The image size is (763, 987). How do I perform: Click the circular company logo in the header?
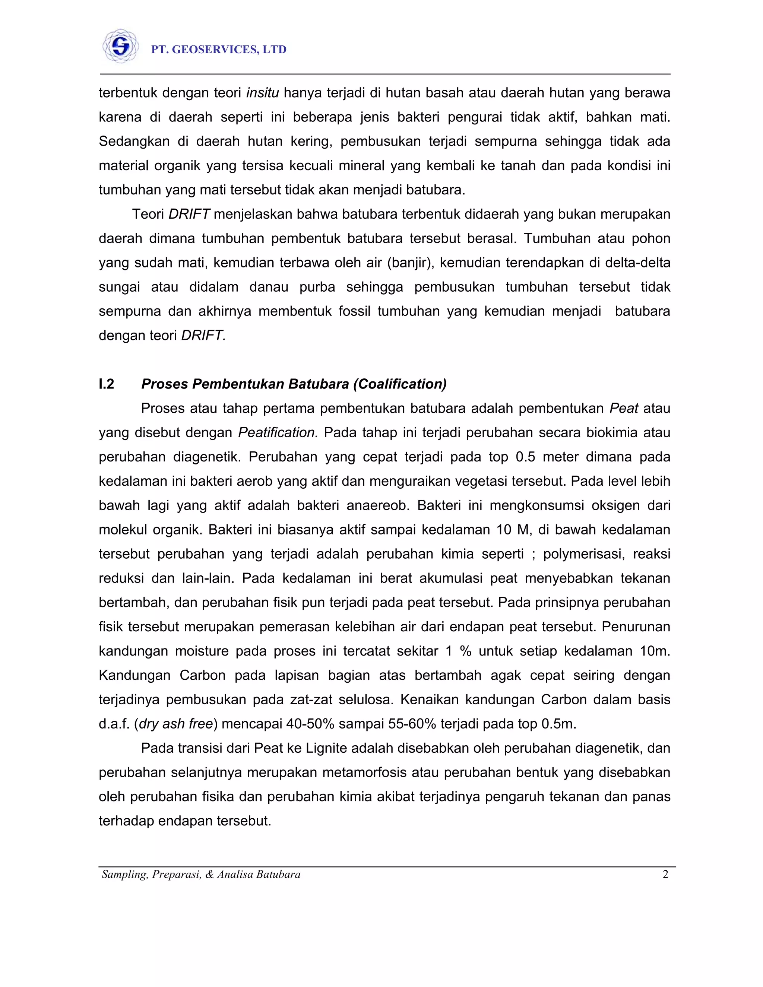click(x=120, y=46)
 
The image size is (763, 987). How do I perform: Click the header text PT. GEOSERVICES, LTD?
click(x=219, y=50)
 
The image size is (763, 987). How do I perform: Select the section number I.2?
click(x=107, y=384)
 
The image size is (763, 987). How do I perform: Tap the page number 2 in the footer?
click(x=665, y=875)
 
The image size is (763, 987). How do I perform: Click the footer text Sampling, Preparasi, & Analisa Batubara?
click(x=201, y=875)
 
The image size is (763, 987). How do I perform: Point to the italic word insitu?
click(x=263, y=93)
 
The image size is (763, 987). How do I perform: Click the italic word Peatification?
click(x=278, y=433)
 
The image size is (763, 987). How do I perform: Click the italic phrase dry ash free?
click(x=176, y=724)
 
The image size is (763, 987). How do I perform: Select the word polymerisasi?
click(x=584, y=554)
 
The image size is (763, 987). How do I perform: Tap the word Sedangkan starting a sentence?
click(x=134, y=142)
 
